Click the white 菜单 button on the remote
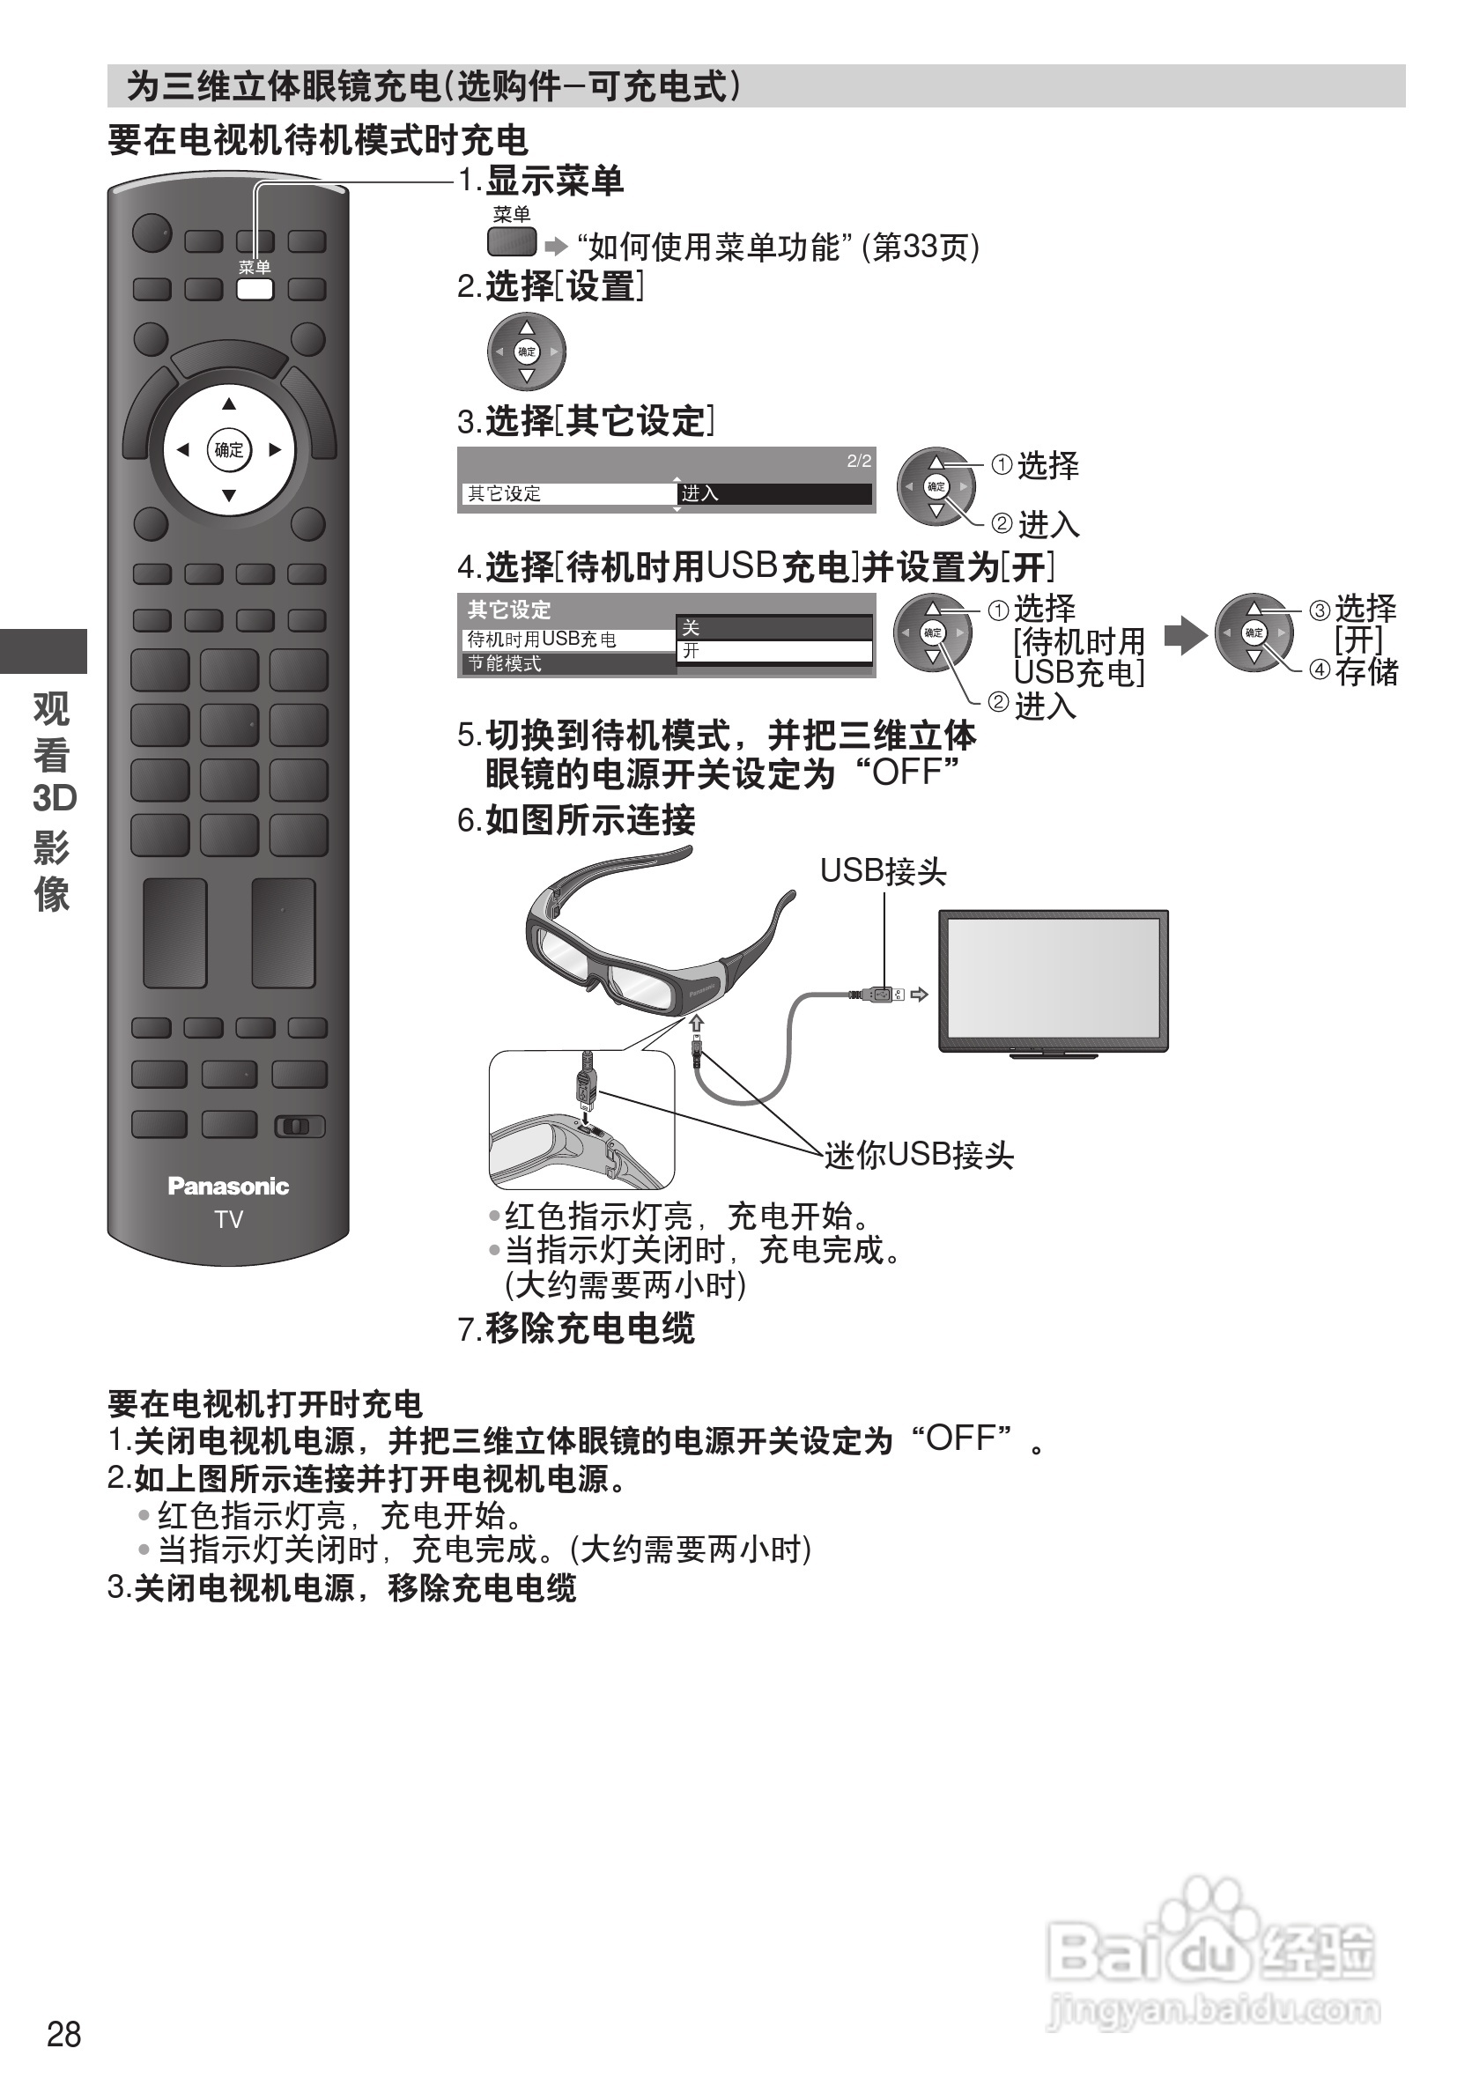point(255,289)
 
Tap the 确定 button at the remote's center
point(229,449)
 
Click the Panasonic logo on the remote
point(228,1186)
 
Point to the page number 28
point(63,2034)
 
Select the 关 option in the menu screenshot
point(773,627)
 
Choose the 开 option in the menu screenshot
point(773,651)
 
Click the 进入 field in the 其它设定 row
point(773,493)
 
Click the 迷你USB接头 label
point(919,1156)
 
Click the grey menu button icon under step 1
point(511,242)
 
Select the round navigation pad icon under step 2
point(526,351)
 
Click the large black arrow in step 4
point(1185,635)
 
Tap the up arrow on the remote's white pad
point(229,403)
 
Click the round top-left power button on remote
point(152,233)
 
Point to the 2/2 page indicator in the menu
point(859,462)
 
